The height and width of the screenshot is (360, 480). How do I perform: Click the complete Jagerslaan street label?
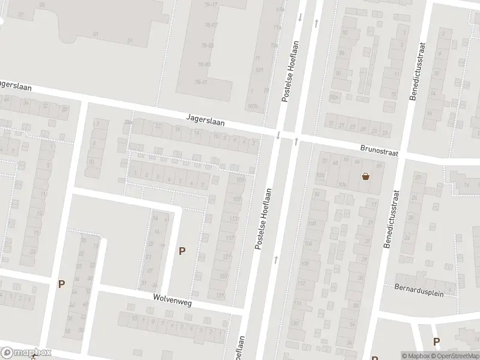205,121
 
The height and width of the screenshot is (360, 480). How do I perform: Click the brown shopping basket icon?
365,176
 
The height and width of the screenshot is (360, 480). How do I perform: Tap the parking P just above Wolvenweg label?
182,251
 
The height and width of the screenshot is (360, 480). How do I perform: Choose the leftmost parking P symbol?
61,284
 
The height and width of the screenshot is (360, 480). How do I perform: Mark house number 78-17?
210,5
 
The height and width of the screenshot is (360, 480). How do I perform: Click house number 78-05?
207,45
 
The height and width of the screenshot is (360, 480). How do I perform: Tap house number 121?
227,256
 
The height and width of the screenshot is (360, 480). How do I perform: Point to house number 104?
308,244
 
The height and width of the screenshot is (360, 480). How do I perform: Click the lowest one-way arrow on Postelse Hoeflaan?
276,259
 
